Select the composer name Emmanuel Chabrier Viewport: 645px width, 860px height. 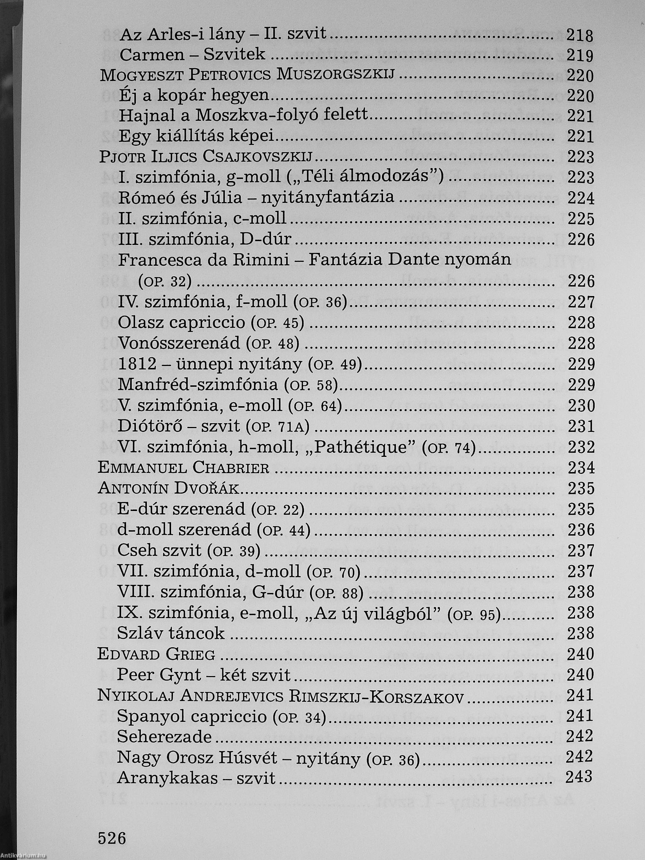(x=183, y=467)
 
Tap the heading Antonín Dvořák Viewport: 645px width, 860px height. (x=168, y=488)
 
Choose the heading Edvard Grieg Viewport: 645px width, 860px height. (x=156, y=654)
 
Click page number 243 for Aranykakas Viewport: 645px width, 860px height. (x=579, y=777)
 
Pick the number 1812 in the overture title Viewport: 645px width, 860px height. (x=137, y=364)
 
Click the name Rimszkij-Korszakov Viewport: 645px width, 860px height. (x=376, y=695)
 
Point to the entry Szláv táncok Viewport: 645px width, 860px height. (x=171, y=633)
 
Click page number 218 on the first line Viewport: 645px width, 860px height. (x=580, y=35)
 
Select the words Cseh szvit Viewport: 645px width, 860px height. (x=159, y=550)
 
